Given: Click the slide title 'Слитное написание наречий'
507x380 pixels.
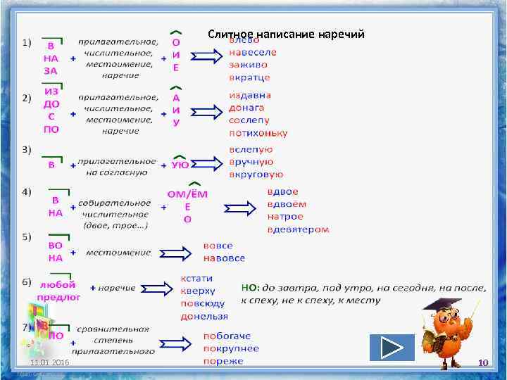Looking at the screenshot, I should click(x=286, y=34).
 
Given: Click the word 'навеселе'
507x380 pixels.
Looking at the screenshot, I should click(x=253, y=52).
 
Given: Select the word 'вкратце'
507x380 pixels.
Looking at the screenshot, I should click(x=249, y=77).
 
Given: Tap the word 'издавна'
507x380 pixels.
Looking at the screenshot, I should click(x=250, y=95).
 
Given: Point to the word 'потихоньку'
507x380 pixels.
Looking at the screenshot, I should click(x=258, y=133).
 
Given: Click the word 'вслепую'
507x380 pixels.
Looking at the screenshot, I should click(x=251, y=149).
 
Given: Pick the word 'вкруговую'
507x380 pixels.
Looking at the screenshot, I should click(x=256, y=175).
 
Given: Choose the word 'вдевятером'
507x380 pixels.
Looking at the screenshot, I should click(x=298, y=229).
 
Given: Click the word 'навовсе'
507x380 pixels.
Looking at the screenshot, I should click(x=224, y=258).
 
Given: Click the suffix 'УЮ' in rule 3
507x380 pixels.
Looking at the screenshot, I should click(x=180, y=165).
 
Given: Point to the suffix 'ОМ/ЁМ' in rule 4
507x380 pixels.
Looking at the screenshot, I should click(x=187, y=194).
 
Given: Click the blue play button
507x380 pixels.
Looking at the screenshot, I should click(x=392, y=348).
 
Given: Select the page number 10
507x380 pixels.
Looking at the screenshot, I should click(x=483, y=362).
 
